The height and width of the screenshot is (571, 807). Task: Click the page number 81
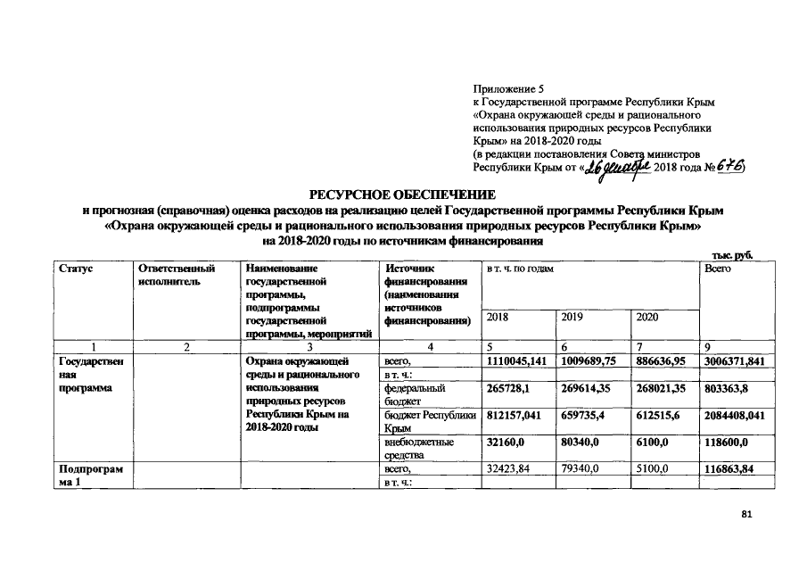click(x=746, y=516)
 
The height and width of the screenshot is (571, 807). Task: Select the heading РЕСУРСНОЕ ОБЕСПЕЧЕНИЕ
click(x=403, y=194)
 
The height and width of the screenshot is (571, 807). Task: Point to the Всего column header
click(x=718, y=268)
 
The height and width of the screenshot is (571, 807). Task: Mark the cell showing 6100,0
click(x=650, y=441)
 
